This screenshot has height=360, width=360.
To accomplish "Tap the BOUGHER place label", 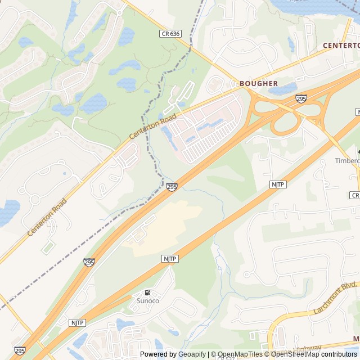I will tap(259, 83).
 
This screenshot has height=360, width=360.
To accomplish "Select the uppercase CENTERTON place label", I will tap(341, 44).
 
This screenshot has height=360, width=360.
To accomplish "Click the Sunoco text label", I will tap(148, 301).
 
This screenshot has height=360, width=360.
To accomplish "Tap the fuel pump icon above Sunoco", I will tap(147, 292).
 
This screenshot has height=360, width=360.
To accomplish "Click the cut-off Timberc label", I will tap(347, 160).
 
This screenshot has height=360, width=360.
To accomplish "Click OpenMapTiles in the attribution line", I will tap(237, 354).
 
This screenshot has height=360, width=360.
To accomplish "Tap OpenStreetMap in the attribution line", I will tap(295, 354).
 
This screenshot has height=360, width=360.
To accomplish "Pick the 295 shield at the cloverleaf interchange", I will tap(301, 99).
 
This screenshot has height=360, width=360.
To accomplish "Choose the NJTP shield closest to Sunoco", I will tap(169, 258).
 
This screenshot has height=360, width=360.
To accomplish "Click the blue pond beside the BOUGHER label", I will tap(283, 89).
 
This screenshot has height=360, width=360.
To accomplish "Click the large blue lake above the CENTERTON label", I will tap(315, 7).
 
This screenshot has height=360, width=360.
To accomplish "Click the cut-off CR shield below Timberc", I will tap(354, 195).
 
